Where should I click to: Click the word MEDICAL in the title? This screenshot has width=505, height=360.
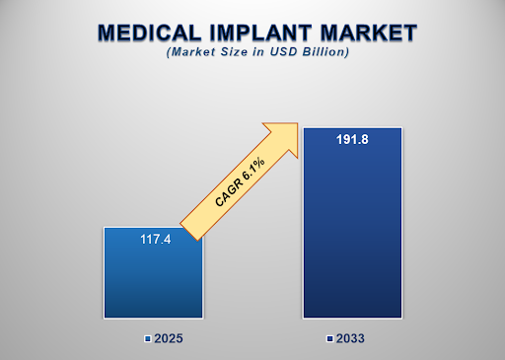pos(147,32)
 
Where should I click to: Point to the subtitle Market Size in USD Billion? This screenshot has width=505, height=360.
pos(252,52)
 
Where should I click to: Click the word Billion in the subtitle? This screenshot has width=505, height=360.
pos(319,52)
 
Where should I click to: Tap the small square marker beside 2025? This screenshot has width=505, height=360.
pos(147,339)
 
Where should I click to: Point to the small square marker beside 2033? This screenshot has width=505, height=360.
pos(329,339)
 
